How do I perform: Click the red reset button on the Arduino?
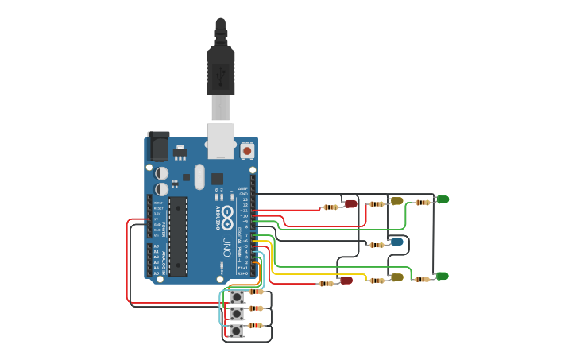[247, 150]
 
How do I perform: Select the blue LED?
[396, 242]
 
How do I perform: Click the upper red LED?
[350, 204]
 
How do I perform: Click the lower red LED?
[346, 280]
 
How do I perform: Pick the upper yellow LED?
[396, 201]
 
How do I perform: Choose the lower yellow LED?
[396, 277]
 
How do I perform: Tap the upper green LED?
[443, 199]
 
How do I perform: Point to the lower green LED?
[443, 276]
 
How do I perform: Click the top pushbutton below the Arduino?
[237, 297]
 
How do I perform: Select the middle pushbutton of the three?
[237, 313]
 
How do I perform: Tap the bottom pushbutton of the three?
[237, 330]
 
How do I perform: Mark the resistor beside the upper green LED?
[423, 202]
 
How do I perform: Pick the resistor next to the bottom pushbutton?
[256, 326]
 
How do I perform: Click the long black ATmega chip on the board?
[177, 236]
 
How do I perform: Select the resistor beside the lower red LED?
[326, 284]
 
